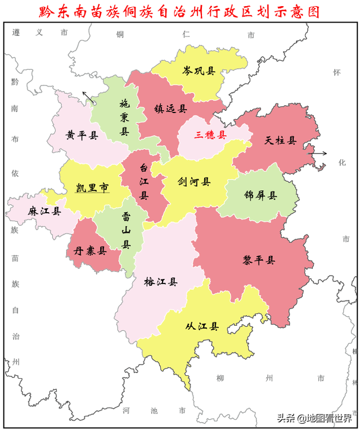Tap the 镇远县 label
tap(170, 109)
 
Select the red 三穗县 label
tap(210, 135)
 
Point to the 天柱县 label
tap(281, 140)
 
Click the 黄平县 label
tap(82, 135)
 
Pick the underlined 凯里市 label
tap(92, 188)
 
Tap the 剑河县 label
tap(194, 182)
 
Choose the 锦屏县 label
tap(260, 196)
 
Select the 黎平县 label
tap(259, 260)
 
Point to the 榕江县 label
tap(161, 282)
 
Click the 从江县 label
tap(202, 327)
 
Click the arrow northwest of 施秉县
tap(87, 97)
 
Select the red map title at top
tap(180, 11)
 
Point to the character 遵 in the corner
tap(16, 33)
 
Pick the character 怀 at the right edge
tap(337, 73)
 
